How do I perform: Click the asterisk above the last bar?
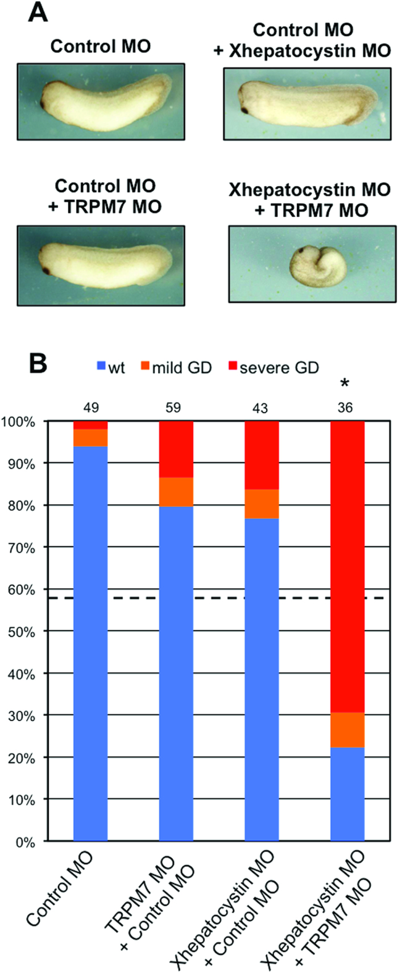point(344,385)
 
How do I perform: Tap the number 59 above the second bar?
point(176,408)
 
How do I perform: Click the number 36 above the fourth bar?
point(347,408)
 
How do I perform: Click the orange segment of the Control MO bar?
point(90,438)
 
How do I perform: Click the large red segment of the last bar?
point(347,568)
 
